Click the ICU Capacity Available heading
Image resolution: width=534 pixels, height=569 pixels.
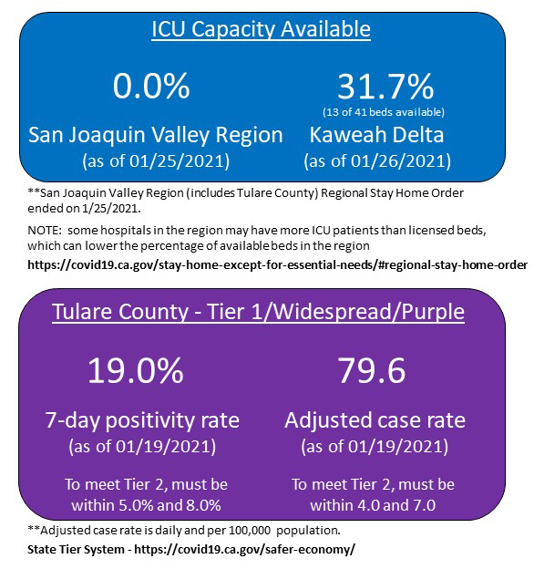click(x=261, y=30)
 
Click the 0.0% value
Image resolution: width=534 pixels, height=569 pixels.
click(x=151, y=87)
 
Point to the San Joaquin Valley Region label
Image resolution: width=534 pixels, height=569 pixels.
click(x=156, y=136)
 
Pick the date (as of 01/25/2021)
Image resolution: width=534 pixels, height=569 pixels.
click(x=156, y=161)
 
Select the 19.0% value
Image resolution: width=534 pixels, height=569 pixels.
click(x=136, y=371)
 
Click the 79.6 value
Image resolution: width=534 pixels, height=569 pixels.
click(x=373, y=371)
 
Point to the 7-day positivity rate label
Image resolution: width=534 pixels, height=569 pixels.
click(x=142, y=420)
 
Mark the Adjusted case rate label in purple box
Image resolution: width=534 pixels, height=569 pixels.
click(x=375, y=420)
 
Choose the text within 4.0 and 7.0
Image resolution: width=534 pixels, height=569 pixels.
click(x=373, y=504)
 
